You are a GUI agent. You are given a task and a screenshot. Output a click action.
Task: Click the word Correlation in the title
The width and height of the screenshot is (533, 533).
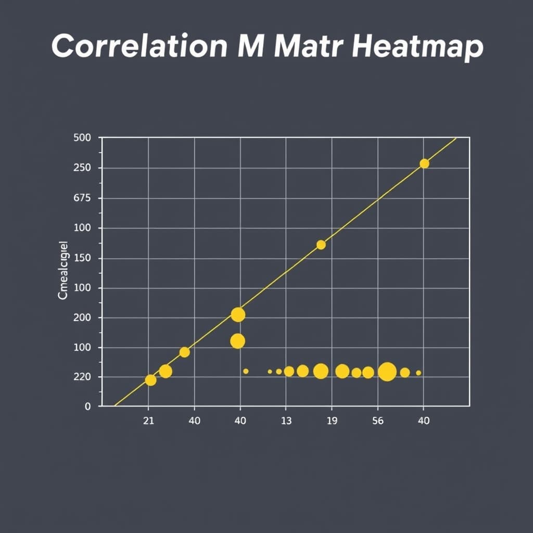coord(139,47)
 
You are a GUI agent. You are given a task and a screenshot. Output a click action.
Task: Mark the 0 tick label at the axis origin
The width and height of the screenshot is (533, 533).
coord(88,407)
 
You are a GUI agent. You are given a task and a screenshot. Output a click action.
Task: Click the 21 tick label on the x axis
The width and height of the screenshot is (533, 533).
coord(148,421)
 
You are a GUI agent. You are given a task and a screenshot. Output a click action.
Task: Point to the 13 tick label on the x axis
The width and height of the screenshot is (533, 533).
coord(286,421)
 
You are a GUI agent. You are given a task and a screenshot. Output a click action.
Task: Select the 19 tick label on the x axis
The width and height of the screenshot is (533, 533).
coord(332,421)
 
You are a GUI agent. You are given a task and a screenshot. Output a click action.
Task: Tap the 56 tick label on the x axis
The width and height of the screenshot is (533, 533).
coord(378,421)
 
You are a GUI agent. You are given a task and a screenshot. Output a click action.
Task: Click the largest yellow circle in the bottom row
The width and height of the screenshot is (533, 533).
coord(387,372)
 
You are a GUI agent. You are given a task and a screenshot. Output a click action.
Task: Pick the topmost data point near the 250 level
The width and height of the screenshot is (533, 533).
coord(424,163)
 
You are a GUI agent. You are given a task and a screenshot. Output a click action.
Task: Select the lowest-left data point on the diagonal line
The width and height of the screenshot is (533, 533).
coord(150,380)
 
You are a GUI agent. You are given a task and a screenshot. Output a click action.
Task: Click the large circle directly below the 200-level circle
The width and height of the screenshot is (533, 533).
coord(237,341)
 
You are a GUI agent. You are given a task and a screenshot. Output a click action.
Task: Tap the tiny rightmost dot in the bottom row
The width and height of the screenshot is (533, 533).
coord(418,373)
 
